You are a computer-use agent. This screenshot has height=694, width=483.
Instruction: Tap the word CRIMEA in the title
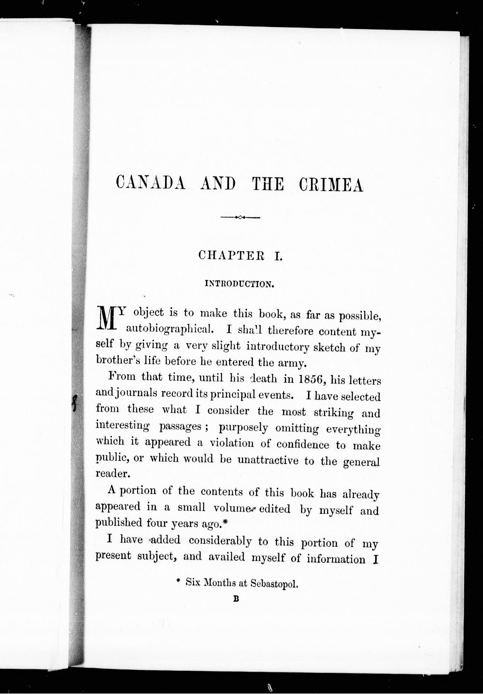331,185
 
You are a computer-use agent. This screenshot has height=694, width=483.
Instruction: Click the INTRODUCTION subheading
239,284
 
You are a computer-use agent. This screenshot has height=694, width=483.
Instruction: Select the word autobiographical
170,329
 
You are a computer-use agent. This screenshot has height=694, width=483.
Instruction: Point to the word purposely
243,427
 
